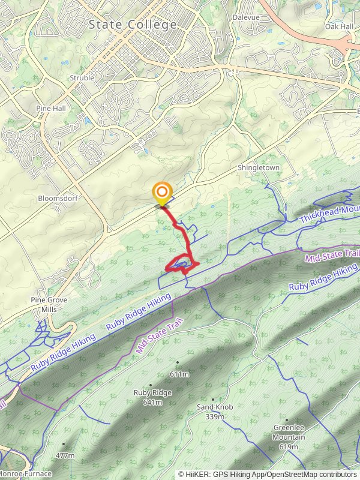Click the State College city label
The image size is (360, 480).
[x=133, y=25]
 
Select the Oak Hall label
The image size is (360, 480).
[x=339, y=26]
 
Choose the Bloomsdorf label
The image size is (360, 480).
[x=55, y=198]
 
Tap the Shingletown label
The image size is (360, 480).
[x=259, y=168]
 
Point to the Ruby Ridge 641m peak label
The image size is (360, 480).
[x=152, y=397]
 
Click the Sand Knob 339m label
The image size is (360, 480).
[x=214, y=411]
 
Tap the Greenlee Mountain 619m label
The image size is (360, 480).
[x=289, y=433]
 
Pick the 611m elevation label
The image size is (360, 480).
[x=179, y=374]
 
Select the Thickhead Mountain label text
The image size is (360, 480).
[x=328, y=213]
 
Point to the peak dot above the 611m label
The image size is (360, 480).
[x=178, y=362]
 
